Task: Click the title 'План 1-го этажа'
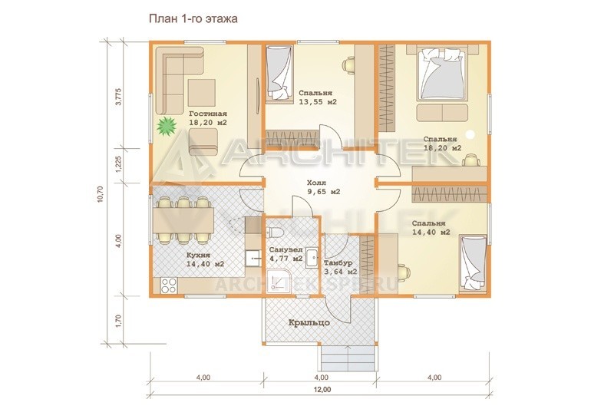(193, 18)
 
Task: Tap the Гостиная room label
(208, 114)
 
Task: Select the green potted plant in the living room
(167, 126)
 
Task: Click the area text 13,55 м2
(318, 102)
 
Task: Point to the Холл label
(317, 183)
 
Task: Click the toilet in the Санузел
(276, 232)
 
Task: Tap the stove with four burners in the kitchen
(170, 285)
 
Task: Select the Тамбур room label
(338, 263)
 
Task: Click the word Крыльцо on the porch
(309, 323)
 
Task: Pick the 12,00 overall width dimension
(322, 390)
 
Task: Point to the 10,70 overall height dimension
(100, 193)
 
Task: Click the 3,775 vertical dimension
(119, 97)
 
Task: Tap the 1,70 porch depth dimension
(119, 320)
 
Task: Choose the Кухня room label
(199, 256)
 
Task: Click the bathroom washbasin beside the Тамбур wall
(312, 258)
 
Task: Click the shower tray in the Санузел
(279, 282)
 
